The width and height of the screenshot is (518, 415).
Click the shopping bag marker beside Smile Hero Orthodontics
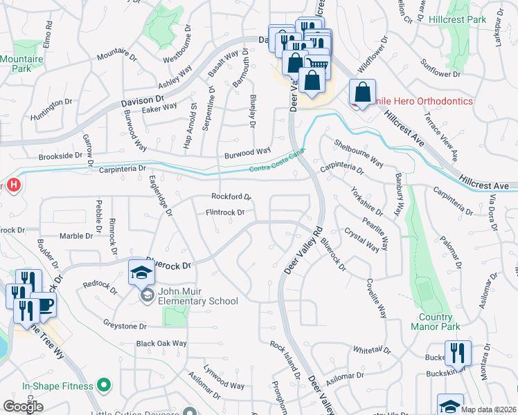(362, 91)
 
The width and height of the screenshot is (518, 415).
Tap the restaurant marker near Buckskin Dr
(457, 353)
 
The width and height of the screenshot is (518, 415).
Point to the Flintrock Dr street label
(225, 212)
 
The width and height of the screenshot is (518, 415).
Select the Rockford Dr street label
(231, 196)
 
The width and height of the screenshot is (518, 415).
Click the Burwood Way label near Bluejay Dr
(247, 151)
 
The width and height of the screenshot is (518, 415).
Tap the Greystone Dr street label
(125, 326)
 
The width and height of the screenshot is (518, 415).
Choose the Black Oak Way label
(161, 343)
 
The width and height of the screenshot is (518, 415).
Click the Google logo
(23, 407)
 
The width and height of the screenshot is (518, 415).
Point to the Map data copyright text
(488, 409)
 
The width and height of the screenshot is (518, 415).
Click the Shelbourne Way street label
(358, 154)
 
